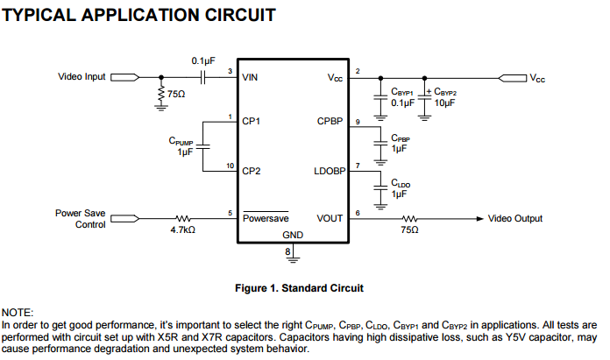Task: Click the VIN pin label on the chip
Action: [x=252, y=77]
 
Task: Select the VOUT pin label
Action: [x=330, y=218]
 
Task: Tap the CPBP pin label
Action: [x=330, y=121]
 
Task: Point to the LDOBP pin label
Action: [x=328, y=171]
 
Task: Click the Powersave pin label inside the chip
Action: [x=266, y=218]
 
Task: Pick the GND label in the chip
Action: [x=293, y=236]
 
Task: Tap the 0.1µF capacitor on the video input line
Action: [x=202, y=77]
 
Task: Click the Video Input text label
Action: [x=81, y=77]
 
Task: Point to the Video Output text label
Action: [x=514, y=218]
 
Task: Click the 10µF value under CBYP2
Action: [x=445, y=102]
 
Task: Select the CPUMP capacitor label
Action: [x=181, y=141]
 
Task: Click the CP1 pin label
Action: [x=252, y=121]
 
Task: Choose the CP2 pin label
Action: [x=252, y=171]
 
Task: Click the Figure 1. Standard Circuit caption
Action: [x=299, y=287]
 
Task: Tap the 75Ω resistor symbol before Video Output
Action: [x=409, y=218]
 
